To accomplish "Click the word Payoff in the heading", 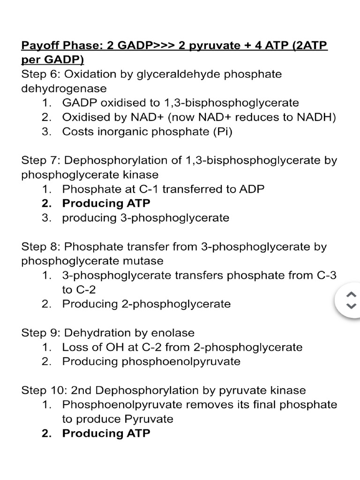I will point(38,46).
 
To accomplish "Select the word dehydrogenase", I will point(64,88).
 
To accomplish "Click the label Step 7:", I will point(41,160).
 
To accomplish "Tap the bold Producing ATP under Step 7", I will point(106,203).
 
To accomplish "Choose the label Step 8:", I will point(41,247).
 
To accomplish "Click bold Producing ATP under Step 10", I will point(106,433).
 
